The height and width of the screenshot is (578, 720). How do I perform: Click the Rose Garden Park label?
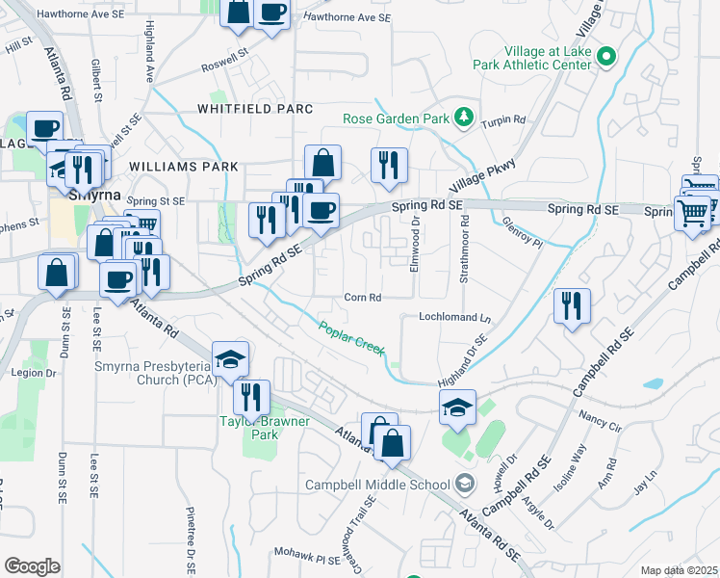(397, 119)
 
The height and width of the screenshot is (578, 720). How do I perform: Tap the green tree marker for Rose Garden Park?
(464, 118)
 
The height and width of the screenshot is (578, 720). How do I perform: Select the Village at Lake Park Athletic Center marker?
(605, 57)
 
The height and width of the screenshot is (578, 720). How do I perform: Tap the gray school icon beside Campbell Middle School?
(466, 484)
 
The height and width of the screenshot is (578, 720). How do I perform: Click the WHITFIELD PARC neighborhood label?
(254, 109)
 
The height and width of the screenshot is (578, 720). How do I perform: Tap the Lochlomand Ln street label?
(454, 317)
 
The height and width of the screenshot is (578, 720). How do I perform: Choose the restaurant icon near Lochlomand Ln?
(573, 306)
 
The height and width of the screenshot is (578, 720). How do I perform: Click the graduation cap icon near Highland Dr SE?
(458, 407)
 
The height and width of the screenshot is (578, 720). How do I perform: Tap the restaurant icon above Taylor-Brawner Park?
(250, 397)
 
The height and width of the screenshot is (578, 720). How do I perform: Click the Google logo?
(32, 565)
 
